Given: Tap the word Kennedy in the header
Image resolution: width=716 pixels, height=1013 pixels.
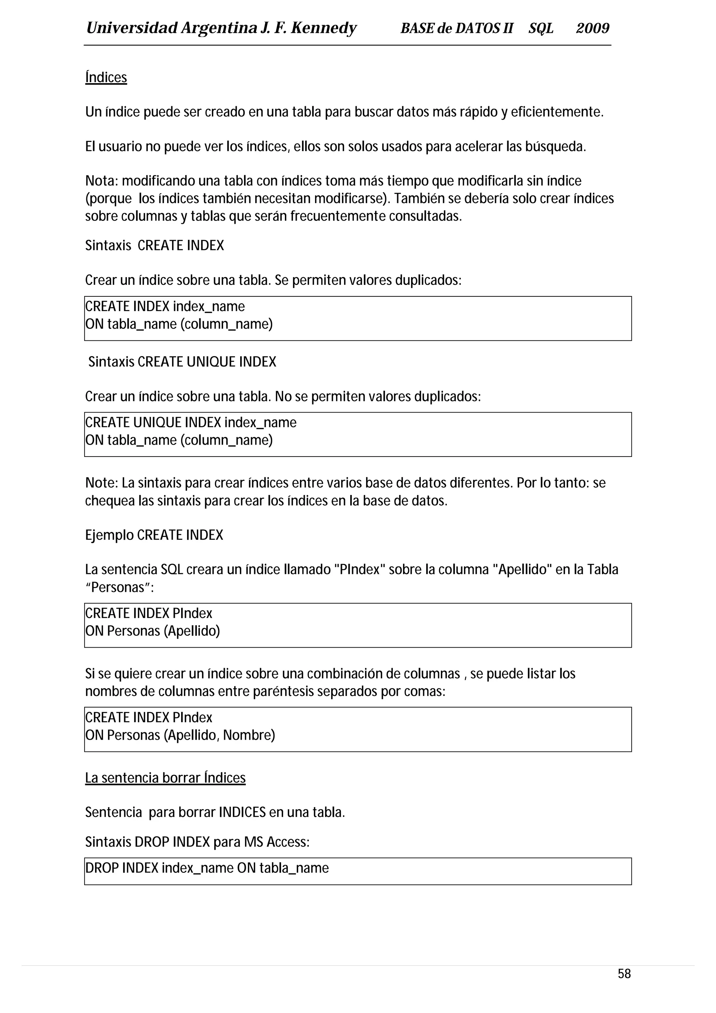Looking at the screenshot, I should [x=323, y=29].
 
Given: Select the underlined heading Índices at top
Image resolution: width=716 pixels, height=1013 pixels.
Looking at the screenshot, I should [x=106, y=78].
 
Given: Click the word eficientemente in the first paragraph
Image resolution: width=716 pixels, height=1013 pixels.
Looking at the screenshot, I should [x=557, y=112].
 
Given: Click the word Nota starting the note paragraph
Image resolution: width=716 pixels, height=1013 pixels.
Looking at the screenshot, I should [x=101, y=181].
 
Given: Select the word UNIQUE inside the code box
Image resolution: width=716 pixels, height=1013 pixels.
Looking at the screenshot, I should [x=157, y=423].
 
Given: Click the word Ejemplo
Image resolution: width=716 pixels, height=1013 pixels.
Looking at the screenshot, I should [x=109, y=535].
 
